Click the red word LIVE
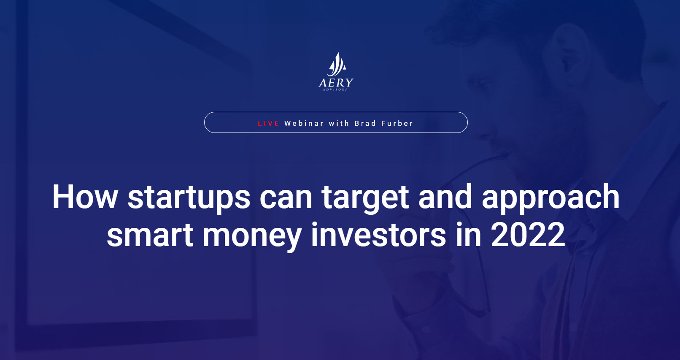(x=268, y=123)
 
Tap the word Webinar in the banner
(x=304, y=123)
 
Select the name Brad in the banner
(x=365, y=123)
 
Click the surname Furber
(x=397, y=123)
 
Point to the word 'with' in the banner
(x=339, y=123)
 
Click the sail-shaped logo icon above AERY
(x=336, y=65)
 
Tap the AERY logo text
(x=336, y=83)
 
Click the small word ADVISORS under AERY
(x=335, y=89)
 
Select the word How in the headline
(x=85, y=197)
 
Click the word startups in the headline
(x=189, y=199)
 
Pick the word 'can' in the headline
(x=286, y=200)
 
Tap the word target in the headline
(x=365, y=199)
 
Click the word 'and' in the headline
(x=445, y=197)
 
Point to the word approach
(x=550, y=199)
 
